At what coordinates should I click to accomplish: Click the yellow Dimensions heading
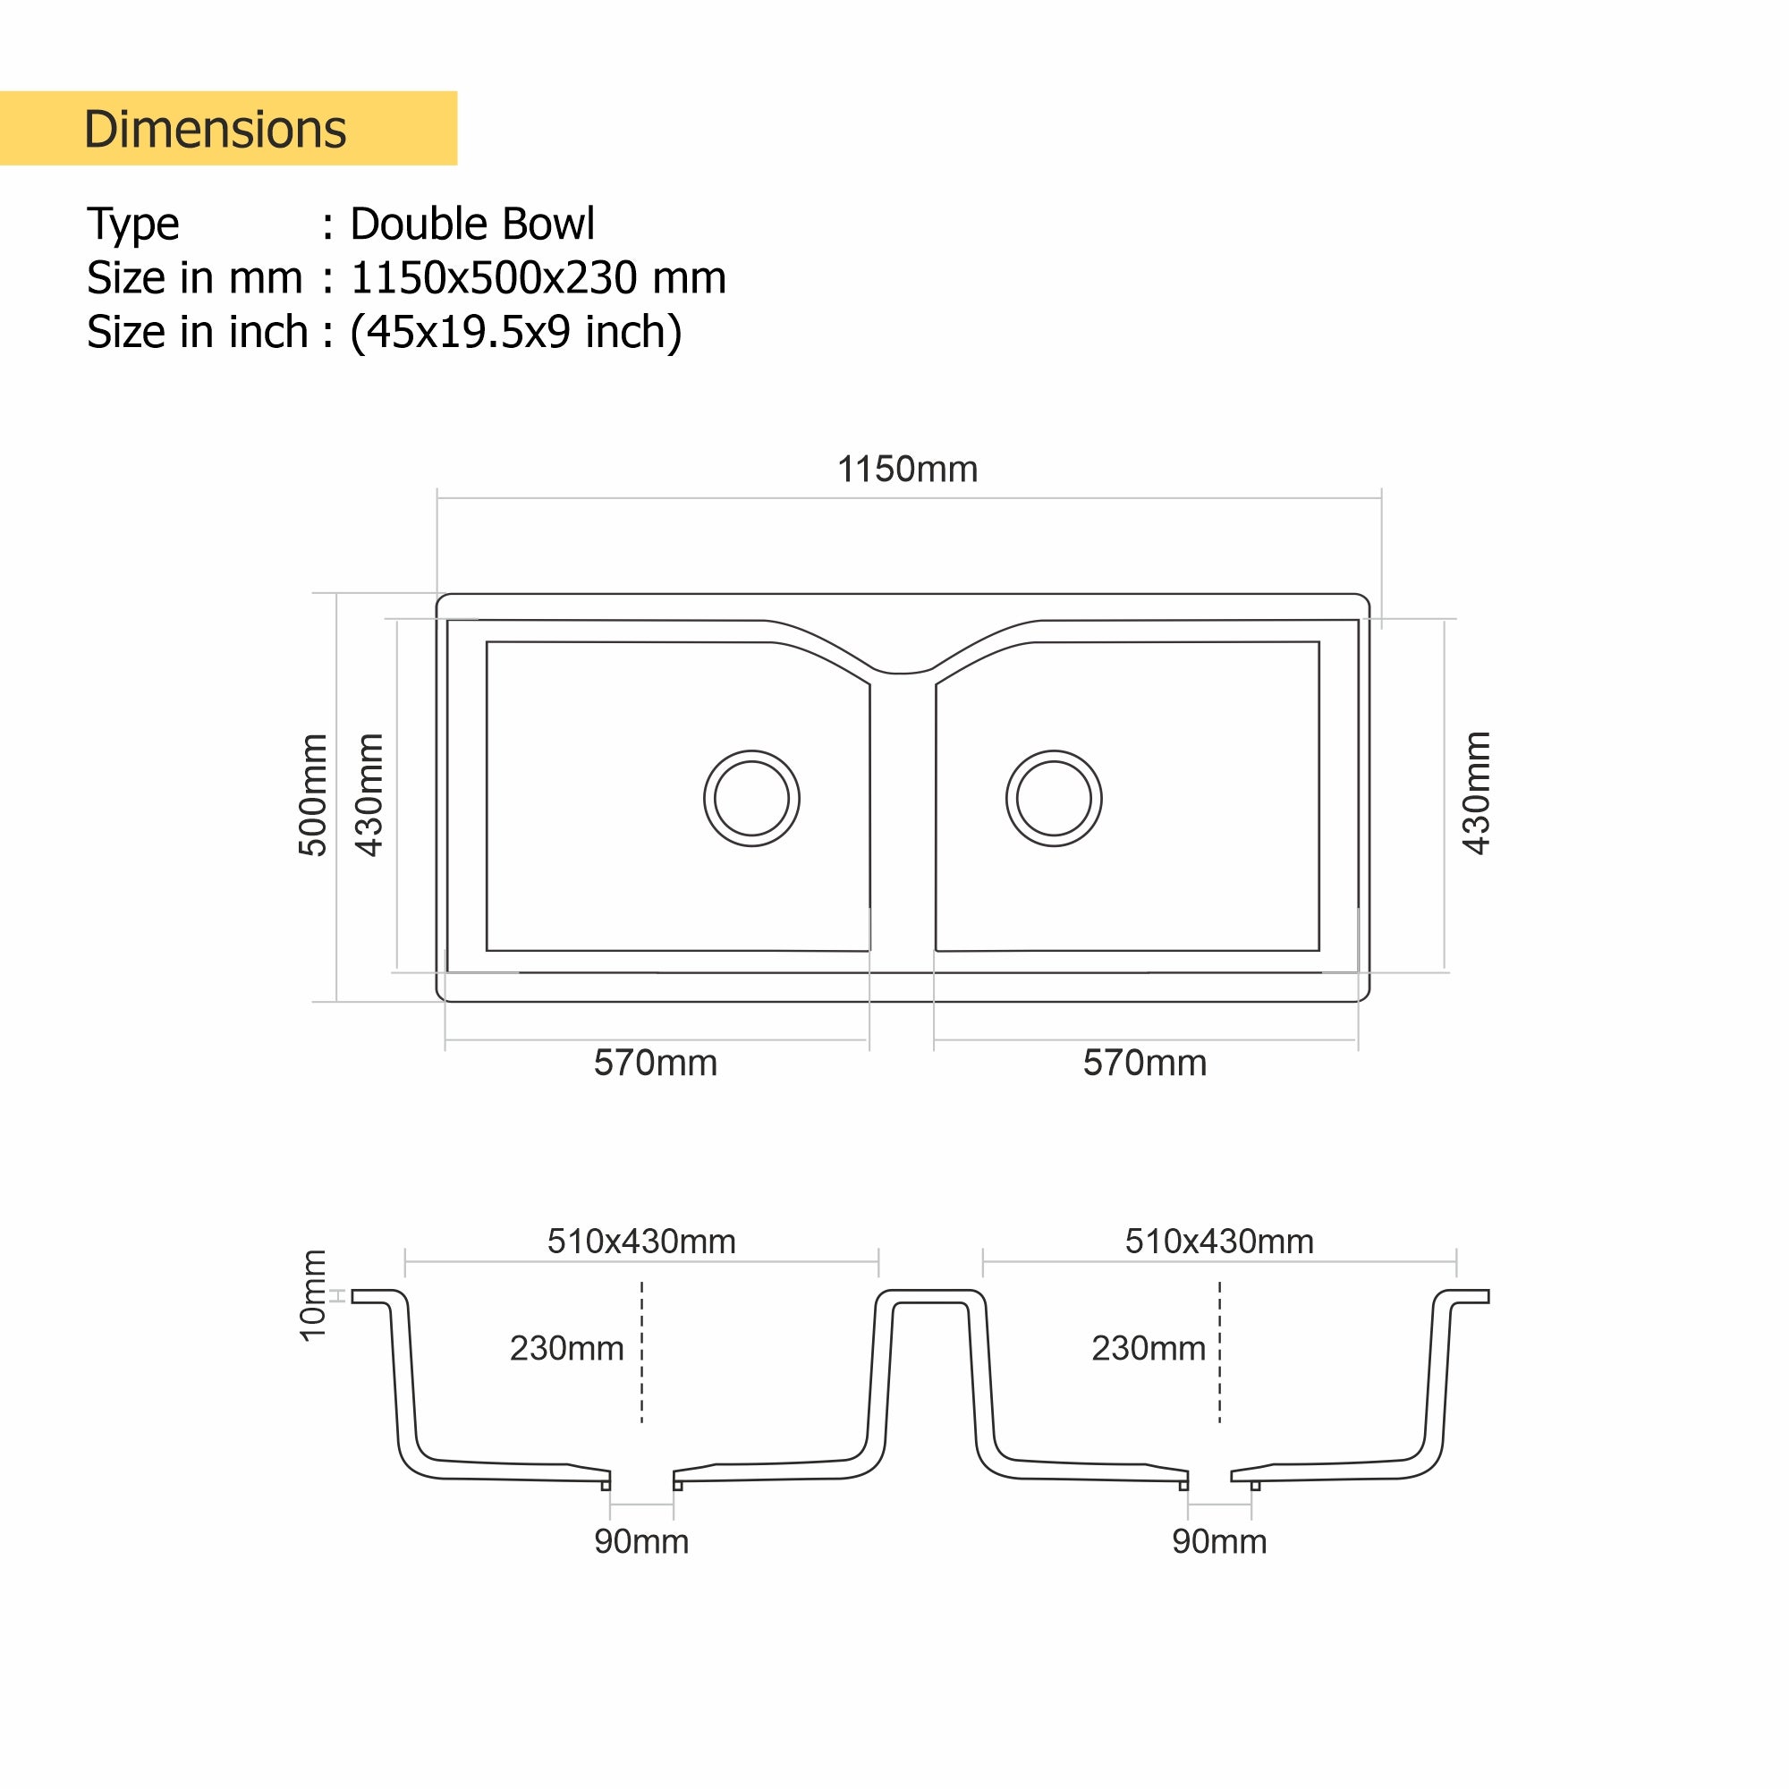click(x=215, y=129)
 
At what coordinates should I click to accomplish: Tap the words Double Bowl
click(x=471, y=225)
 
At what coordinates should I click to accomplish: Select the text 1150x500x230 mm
click(x=537, y=278)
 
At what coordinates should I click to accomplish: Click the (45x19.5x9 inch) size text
click(x=515, y=332)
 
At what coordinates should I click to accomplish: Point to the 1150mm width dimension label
click(x=906, y=470)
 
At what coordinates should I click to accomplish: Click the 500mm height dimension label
click(x=313, y=794)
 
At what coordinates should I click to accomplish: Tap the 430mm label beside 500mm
click(x=369, y=794)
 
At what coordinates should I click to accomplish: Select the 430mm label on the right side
click(x=1476, y=793)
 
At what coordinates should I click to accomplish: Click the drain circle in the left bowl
click(x=751, y=798)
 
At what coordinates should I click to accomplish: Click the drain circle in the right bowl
click(x=1054, y=798)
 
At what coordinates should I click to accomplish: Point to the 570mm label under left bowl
click(x=655, y=1063)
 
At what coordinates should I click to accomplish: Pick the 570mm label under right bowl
click(x=1145, y=1063)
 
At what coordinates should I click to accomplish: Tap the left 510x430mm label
click(x=640, y=1242)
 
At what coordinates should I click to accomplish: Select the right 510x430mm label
click(x=1218, y=1242)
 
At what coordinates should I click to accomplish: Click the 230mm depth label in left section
click(x=567, y=1348)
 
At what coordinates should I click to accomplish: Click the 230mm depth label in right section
click(x=1149, y=1348)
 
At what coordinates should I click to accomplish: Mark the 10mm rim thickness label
click(x=313, y=1294)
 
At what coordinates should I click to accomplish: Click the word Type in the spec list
click(x=133, y=225)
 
